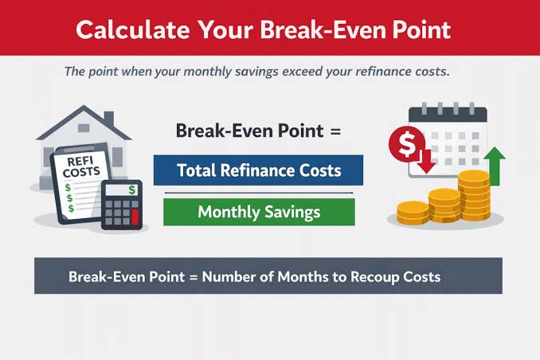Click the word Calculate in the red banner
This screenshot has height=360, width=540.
coord(133,29)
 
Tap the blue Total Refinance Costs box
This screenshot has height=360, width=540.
coord(258,170)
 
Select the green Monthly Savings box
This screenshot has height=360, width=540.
coord(259,212)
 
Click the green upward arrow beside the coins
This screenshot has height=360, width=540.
coord(495,166)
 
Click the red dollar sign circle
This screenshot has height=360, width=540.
coord(407,144)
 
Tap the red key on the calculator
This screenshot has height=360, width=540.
coord(135,217)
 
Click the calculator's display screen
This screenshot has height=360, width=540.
coord(121,190)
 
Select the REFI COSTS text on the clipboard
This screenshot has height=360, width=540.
coord(81,166)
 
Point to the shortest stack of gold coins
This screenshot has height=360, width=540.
coord(413,213)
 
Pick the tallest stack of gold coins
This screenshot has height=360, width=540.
coord(474,195)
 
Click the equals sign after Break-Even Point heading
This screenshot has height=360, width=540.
coord(335,131)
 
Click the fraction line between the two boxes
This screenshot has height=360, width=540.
coord(259,193)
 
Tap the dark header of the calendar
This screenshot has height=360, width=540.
coord(448,114)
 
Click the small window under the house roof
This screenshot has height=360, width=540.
coord(84,128)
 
